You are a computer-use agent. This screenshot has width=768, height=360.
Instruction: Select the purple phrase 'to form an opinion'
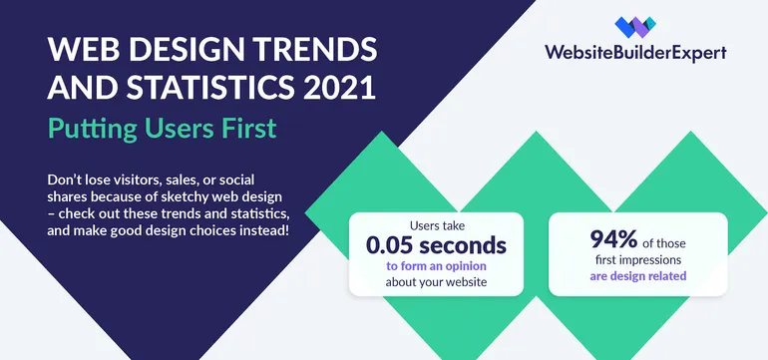437,266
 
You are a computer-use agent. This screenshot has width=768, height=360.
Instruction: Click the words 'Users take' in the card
437,224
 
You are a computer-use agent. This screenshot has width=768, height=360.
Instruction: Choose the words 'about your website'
437,282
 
